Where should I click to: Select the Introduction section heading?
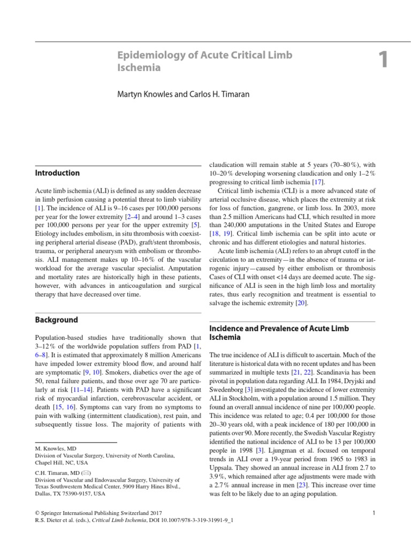[x=57, y=173]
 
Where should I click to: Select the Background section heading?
[x=56, y=319]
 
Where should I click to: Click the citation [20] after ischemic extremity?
[x=301, y=302]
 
